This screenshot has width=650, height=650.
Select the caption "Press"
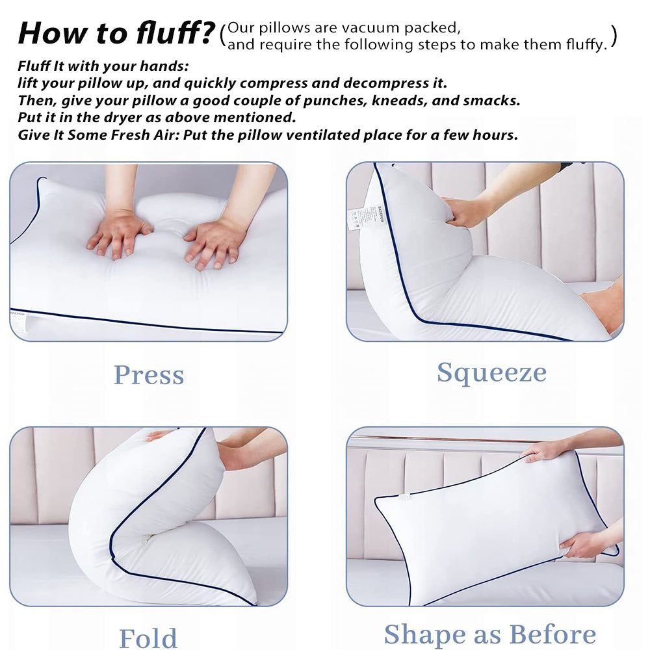(x=149, y=375)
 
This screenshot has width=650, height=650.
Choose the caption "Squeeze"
(x=491, y=372)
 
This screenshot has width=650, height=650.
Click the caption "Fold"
(x=148, y=638)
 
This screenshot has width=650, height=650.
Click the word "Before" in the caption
(x=552, y=634)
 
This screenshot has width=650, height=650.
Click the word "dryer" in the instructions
(x=123, y=118)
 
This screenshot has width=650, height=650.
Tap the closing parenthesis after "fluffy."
(x=614, y=36)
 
